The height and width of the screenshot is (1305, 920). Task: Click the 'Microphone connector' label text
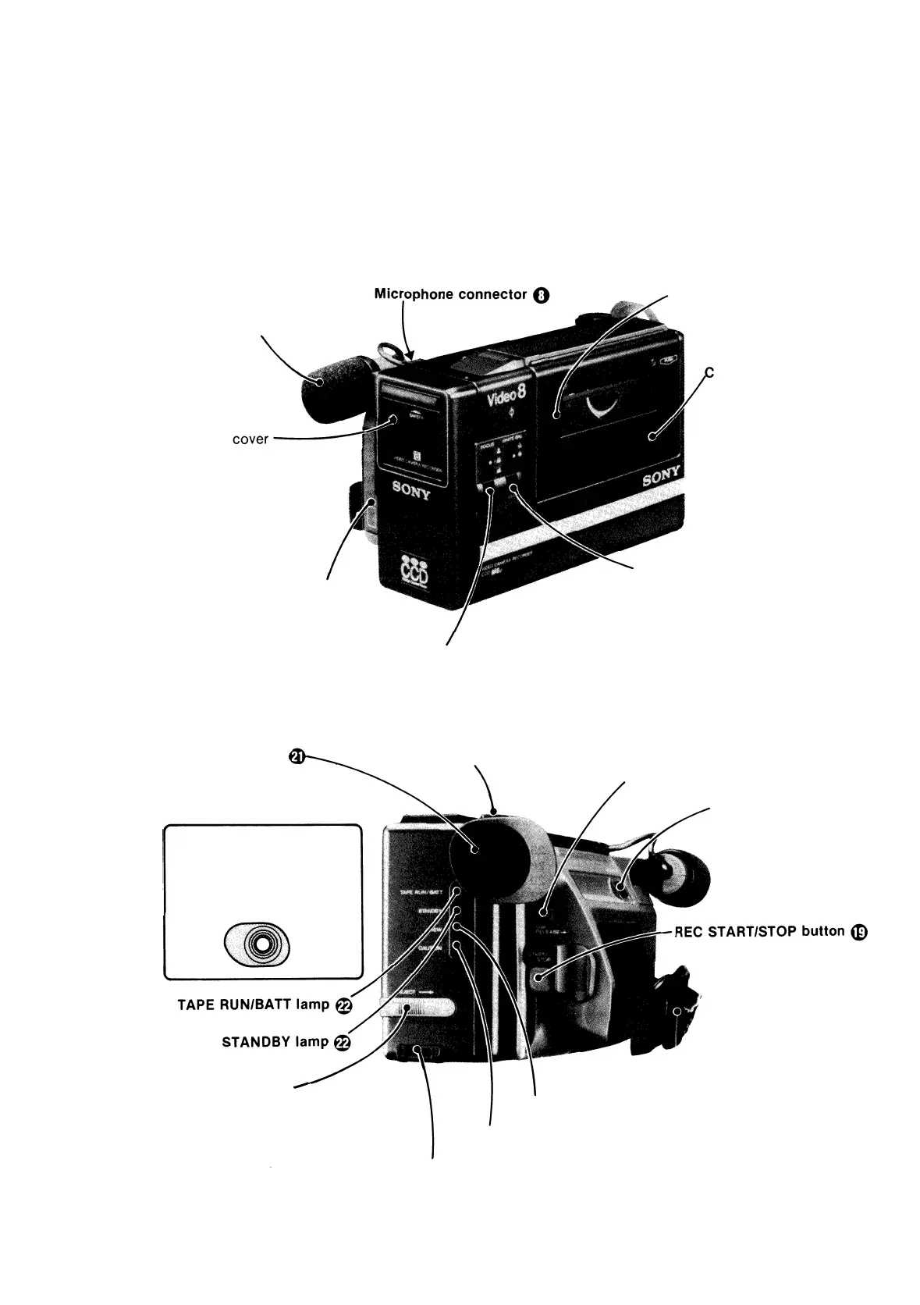[x=451, y=294]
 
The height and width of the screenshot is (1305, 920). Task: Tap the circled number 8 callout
[x=542, y=295]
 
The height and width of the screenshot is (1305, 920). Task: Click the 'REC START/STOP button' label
[x=760, y=931]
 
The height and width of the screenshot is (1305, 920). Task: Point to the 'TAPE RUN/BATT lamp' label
[x=254, y=1005]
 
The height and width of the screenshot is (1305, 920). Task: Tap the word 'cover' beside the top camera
[x=250, y=439]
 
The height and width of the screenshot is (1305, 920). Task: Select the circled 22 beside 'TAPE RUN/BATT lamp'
[x=343, y=1005]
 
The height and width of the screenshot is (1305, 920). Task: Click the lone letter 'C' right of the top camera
[x=710, y=373]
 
